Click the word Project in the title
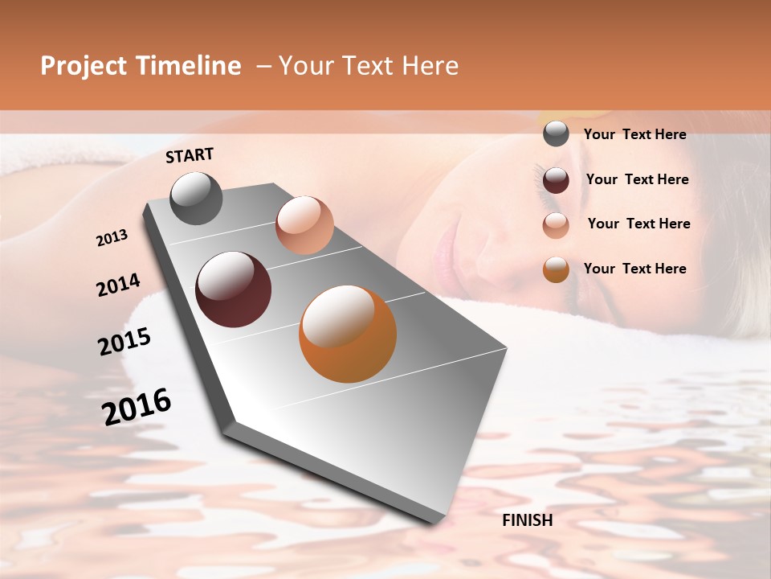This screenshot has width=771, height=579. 83,67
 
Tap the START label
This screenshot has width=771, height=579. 190,155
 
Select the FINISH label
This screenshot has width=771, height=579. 527,520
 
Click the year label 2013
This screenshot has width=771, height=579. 112,238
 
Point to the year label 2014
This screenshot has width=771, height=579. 118,285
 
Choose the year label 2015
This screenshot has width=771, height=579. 124,342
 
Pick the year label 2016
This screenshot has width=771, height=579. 137,407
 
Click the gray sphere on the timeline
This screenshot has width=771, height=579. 197,198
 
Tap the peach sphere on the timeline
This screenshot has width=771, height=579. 304,225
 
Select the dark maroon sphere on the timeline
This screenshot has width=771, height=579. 233,289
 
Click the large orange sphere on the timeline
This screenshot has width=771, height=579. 348,334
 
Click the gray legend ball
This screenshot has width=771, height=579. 556,134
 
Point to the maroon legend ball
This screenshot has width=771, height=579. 556,180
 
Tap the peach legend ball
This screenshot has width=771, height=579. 556,225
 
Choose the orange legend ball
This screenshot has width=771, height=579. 556,269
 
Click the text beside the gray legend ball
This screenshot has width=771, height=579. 634,135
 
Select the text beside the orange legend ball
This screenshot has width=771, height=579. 634,269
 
